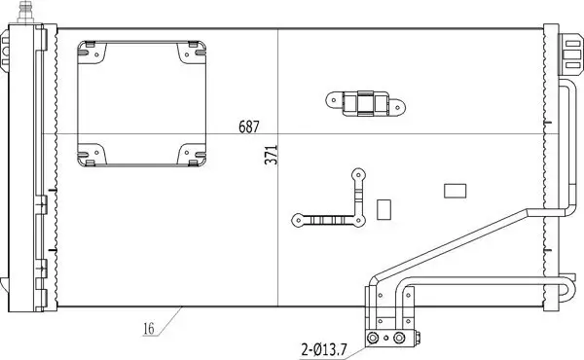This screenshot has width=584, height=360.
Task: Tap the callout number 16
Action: coord(148,329)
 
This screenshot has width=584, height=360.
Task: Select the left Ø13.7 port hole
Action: coord(373,338)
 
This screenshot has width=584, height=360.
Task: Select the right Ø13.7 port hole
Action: coord(399,338)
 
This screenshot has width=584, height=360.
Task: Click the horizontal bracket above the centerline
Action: coord(365,100)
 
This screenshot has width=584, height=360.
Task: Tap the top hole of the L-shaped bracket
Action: coord(357,176)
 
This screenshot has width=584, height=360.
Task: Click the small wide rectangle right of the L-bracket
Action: coord(455,191)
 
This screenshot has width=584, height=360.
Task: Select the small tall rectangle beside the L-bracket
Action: coord(383,209)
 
